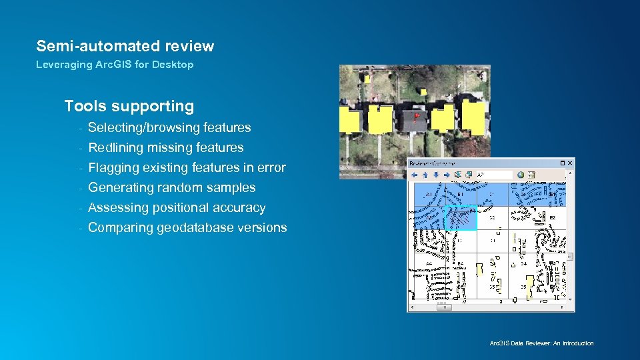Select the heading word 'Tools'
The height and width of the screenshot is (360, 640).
point(85,106)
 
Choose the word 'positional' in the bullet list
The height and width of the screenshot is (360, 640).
point(183,207)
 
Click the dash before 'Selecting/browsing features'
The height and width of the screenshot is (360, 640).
point(79,128)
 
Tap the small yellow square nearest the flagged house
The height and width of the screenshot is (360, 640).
point(421,91)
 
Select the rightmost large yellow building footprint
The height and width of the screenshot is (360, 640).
point(473,116)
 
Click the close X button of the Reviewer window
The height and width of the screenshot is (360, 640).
point(569,163)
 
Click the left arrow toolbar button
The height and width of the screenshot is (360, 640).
point(414,175)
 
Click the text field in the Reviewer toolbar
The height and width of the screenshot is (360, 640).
point(494,175)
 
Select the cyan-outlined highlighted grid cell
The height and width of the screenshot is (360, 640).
point(461,217)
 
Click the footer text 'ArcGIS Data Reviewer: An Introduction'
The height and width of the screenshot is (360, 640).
point(541,343)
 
